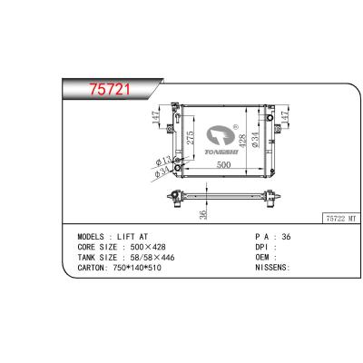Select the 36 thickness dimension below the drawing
[x=204, y=214]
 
